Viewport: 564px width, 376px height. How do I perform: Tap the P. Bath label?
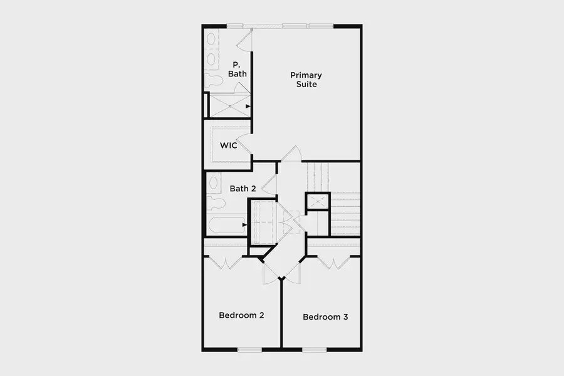(237, 69)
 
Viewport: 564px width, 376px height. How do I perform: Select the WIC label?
(227, 146)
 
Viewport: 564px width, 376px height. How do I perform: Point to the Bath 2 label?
(243, 188)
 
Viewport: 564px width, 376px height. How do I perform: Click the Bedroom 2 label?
(241, 315)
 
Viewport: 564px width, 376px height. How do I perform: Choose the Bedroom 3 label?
(325, 317)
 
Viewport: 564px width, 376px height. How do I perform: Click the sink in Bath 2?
(213, 183)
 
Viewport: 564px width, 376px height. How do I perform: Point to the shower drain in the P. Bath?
(230, 107)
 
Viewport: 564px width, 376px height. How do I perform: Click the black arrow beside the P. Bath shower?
(249, 107)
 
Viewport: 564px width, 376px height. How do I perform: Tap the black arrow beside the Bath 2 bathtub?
(246, 224)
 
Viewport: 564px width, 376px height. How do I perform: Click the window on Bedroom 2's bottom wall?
(249, 349)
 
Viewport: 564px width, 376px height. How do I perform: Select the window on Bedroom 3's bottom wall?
(315, 349)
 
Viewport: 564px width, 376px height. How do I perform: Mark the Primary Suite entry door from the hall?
(291, 154)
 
